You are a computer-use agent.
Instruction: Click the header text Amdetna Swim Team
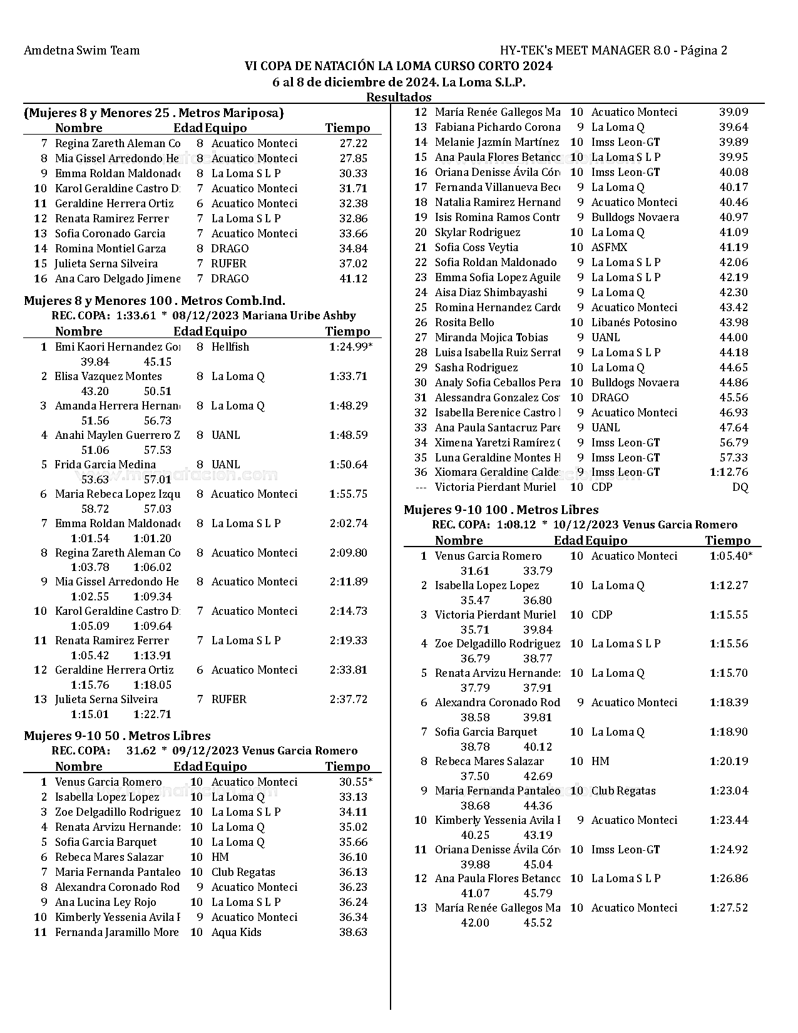[81, 51]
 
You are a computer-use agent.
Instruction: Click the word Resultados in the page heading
[399, 97]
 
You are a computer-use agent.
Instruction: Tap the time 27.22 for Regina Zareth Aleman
[353, 143]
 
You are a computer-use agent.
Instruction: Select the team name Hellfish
[230, 347]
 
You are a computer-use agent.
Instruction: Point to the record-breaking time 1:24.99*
[350, 347]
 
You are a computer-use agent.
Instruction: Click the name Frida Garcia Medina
[105, 465]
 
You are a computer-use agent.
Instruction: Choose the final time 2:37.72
[348, 699]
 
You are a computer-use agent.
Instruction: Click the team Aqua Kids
[236, 932]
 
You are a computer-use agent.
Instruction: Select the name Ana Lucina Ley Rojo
[105, 902]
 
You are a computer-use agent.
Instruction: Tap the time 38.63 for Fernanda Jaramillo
[353, 932]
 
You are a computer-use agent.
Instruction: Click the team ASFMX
[609, 247]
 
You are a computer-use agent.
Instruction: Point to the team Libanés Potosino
[633, 322]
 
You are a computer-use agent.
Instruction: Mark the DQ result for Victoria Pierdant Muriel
[740, 487]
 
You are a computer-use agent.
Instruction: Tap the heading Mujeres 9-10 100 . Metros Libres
[501, 510]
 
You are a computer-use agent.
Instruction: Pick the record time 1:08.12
[516, 525]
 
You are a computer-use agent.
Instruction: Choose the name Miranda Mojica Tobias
[491, 337]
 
